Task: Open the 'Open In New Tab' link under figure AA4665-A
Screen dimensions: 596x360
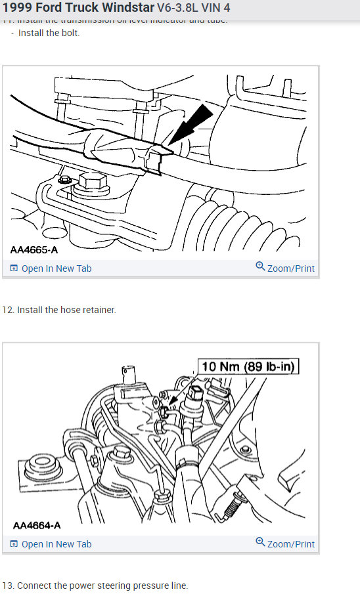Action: click(56, 268)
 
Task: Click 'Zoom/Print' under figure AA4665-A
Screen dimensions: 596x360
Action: click(290, 268)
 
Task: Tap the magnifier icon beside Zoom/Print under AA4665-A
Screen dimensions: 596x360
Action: click(260, 267)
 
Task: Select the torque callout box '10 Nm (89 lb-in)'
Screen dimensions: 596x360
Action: click(249, 366)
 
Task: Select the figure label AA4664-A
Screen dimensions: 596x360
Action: click(37, 526)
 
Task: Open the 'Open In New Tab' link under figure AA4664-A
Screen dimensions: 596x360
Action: click(56, 544)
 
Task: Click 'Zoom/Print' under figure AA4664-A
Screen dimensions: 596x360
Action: click(290, 544)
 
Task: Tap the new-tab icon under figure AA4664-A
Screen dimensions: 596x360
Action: click(14, 544)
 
